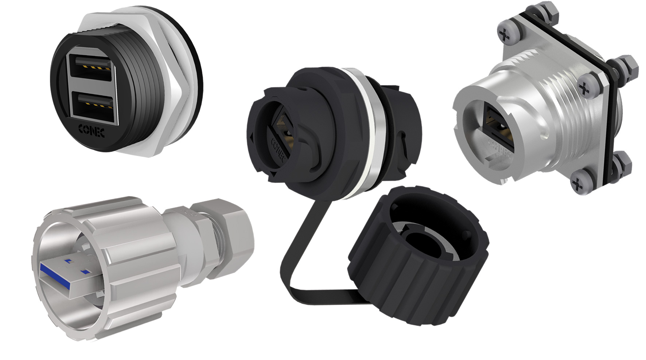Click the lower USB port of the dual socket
point(93,106)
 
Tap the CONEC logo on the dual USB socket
point(92,131)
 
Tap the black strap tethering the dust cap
point(292,262)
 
